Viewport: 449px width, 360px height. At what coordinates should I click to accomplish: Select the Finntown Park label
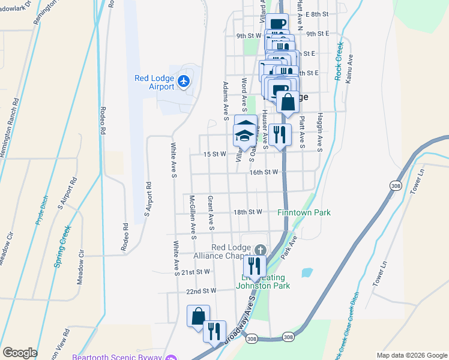(304, 212)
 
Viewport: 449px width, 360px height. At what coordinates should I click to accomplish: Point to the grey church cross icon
(260, 250)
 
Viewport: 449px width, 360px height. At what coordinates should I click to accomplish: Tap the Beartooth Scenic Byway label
(117, 357)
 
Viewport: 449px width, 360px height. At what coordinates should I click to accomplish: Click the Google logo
(20, 353)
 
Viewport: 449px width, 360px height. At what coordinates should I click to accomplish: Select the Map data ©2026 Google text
(411, 355)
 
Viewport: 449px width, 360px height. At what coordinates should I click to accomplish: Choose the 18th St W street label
(248, 212)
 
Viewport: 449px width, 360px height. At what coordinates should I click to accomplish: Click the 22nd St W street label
(200, 291)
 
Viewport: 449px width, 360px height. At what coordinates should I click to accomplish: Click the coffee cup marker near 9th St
(277, 24)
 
